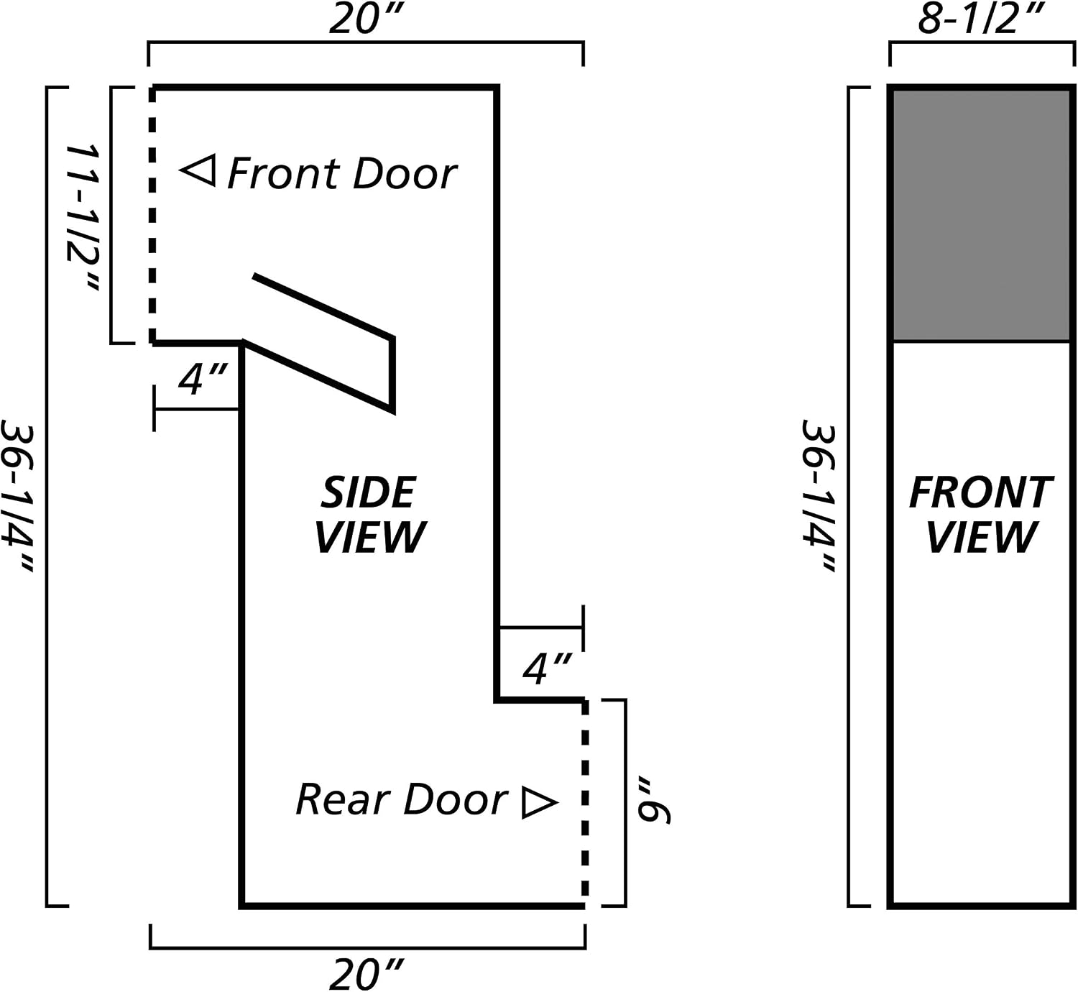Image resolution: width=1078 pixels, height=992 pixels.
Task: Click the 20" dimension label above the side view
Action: tap(366, 20)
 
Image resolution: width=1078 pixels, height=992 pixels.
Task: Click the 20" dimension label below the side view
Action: tap(366, 974)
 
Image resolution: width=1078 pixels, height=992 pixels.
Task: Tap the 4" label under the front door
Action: tap(203, 379)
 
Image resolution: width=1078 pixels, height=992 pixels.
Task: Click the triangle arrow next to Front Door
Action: tap(198, 171)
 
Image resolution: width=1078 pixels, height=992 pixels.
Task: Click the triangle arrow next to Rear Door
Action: tap(540, 803)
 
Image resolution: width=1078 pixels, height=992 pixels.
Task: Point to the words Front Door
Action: tap(342, 173)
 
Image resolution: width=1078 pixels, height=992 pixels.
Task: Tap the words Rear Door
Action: tap(402, 799)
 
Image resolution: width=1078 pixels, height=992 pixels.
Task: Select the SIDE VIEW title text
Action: tap(370, 515)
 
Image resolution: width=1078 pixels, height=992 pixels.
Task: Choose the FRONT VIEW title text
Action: tap(981, 515)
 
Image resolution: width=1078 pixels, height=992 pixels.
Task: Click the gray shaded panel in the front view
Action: tap(981, 215)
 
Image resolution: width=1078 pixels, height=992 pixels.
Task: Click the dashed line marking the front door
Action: tap(152, 214)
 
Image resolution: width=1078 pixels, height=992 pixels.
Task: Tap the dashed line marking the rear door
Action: tap(585, 803)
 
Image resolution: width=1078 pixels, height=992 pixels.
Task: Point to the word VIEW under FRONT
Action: tap(981, 536)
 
